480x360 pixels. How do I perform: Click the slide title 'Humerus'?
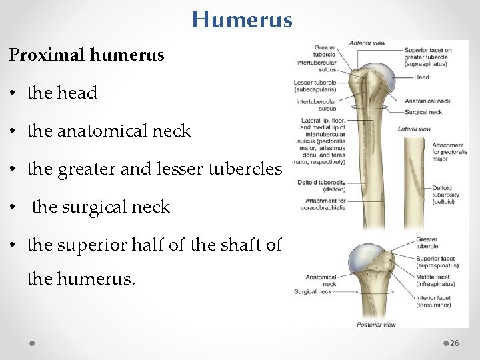[x=241, y=19]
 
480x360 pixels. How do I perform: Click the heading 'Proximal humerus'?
[x=87, y=55]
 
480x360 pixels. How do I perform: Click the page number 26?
[x=455, y=343]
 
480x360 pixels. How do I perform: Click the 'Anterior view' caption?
[x=367, y=43]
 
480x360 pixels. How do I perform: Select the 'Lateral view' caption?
[x=414, y=129]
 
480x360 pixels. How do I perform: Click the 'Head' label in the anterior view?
[x=421, y=77]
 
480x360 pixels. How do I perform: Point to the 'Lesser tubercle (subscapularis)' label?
[x=315, y=86]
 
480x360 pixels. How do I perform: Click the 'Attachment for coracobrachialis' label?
[x=325, y=203]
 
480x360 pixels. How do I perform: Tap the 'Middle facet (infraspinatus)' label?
[x=437, y=280]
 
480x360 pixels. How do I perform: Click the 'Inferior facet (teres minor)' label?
[x=433, y=301]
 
